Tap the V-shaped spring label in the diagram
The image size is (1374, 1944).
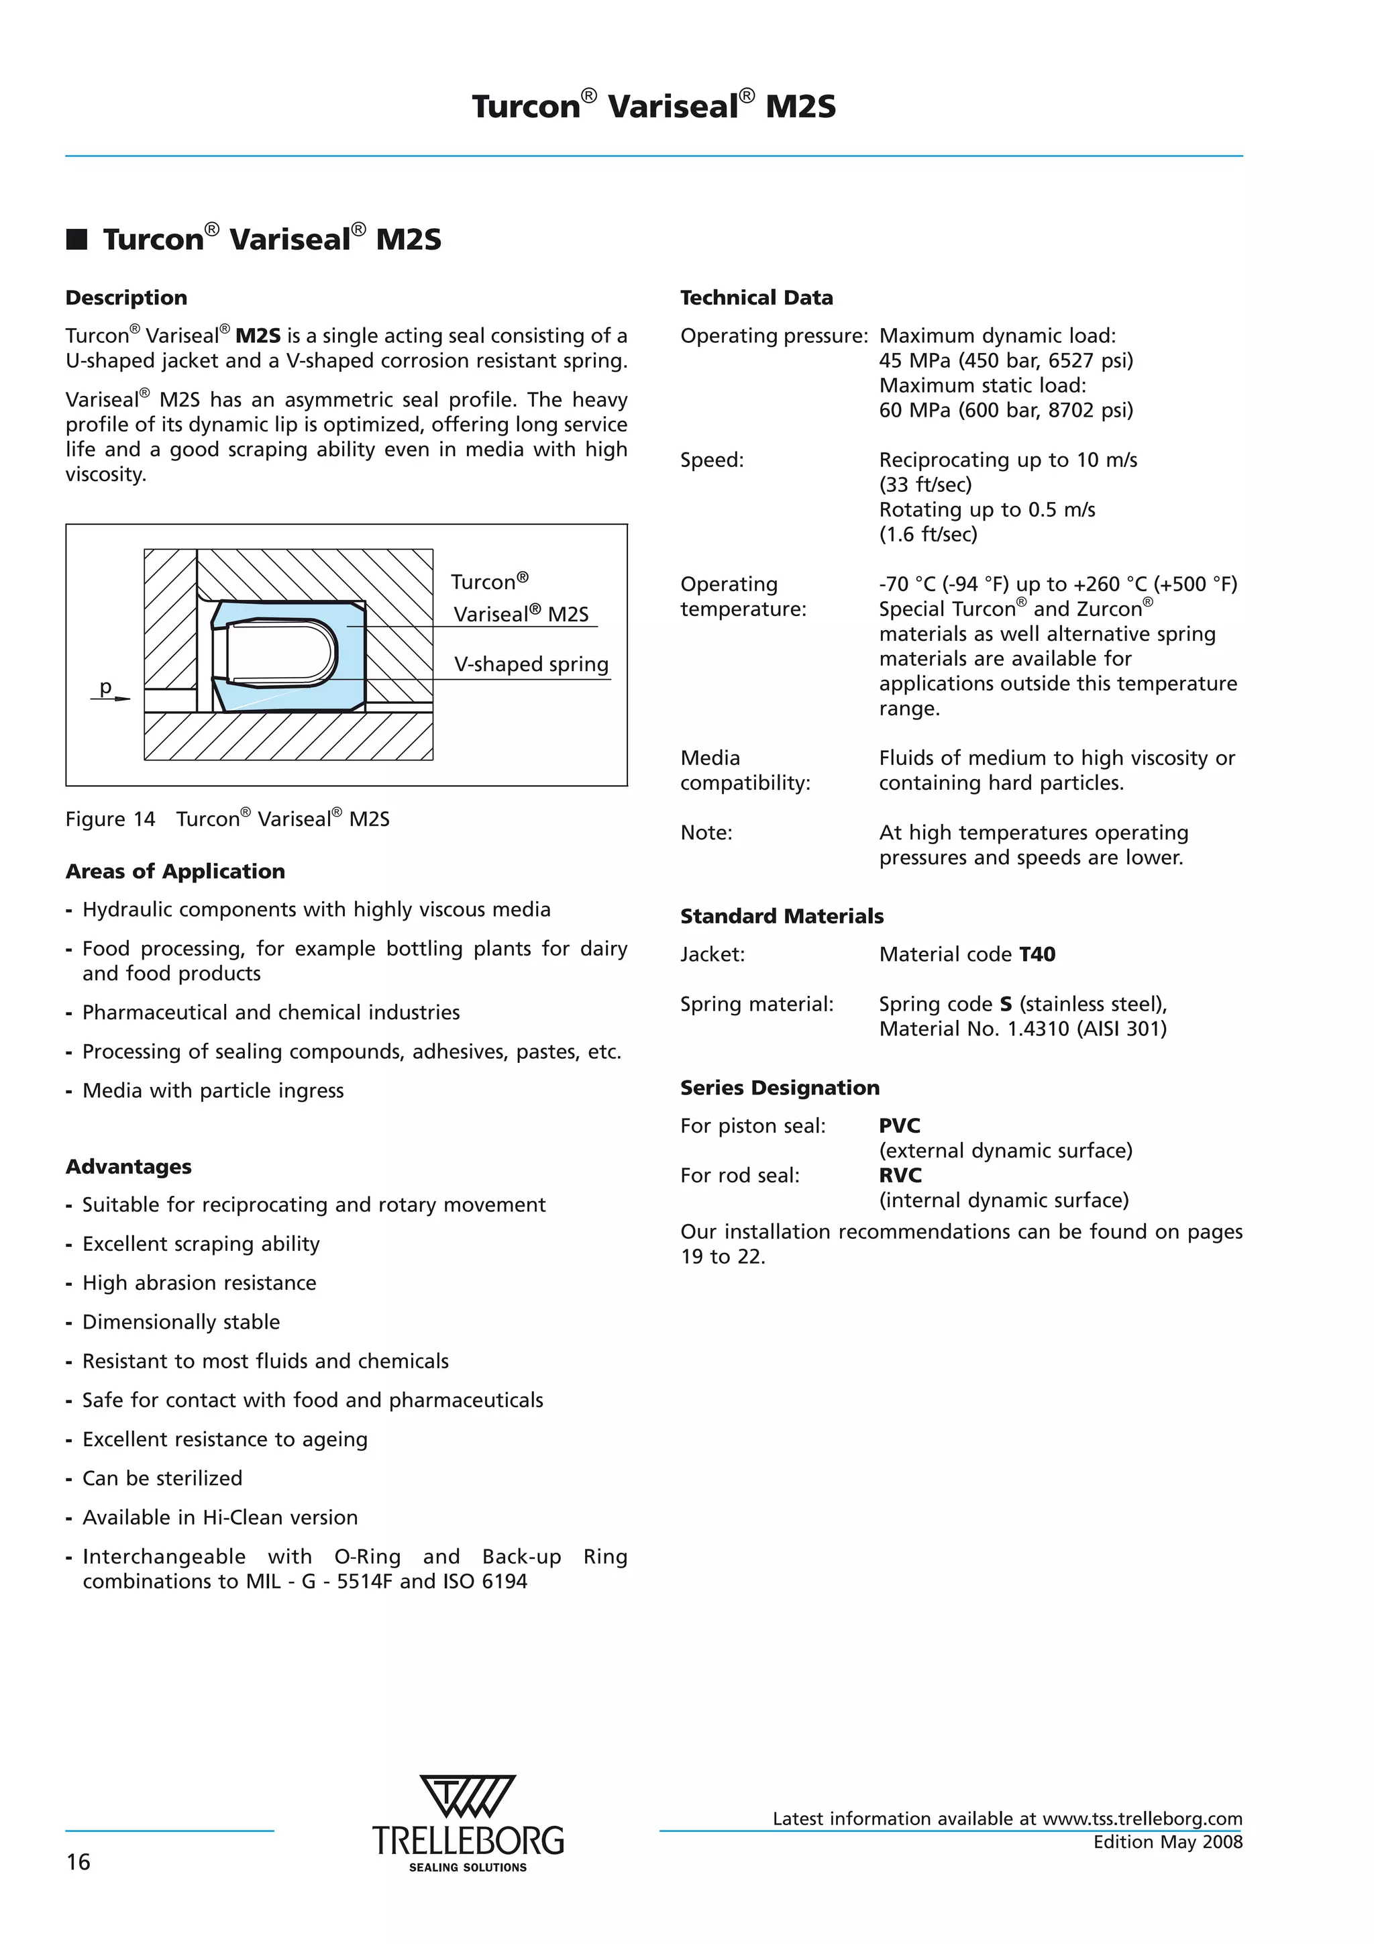(x=531, y=664)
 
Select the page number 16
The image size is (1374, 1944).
(x=78, y=1862)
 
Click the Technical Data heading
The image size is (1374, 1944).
(x=756, y=297)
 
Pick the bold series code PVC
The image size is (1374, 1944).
(x=899, y=1125)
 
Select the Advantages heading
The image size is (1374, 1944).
(x=129, y=1167)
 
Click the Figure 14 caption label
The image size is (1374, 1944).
(x=110, y=819)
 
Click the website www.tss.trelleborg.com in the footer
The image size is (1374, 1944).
(x=1142, y=1819)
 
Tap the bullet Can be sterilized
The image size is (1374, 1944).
(x=162, y=1478)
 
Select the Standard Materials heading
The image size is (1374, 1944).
(x=782, y=916)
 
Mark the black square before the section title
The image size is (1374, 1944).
(x=77, y=240)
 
